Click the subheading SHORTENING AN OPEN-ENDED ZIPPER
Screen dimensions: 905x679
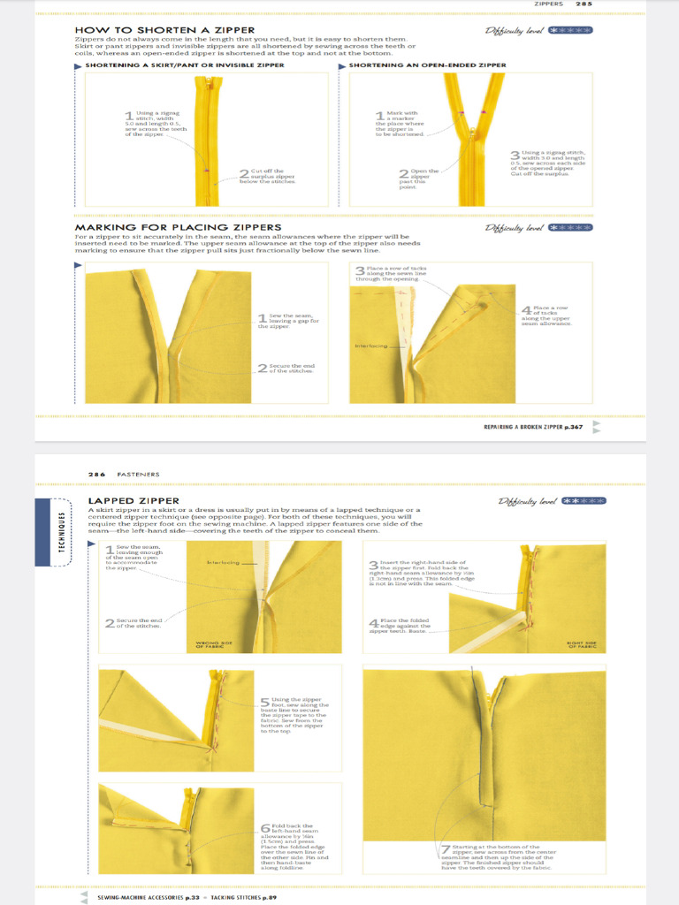click(427, 65)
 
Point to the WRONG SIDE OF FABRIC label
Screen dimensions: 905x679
click(211, 646)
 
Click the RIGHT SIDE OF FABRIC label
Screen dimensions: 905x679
click(581, 644)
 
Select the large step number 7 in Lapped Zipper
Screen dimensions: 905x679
click(446, 850)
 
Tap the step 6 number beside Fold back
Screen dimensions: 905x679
click(265, 829)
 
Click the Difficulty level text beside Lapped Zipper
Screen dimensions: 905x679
click(528, 501)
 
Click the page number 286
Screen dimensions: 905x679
click(96, 474)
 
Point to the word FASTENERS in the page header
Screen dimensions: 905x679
click(139, 474)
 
